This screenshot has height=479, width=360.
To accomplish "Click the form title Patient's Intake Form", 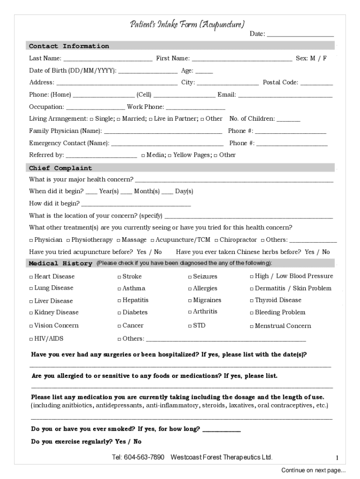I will point(187,24).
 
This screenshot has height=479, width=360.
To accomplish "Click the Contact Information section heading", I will point(69,46).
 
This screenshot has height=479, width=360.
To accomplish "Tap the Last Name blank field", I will point(108,59).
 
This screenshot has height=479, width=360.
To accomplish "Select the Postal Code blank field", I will point(317,83).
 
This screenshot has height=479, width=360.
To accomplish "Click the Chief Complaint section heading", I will point(61,168).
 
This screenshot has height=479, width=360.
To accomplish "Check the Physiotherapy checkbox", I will point(68,240).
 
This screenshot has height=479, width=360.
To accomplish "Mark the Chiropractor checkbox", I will point(216,240).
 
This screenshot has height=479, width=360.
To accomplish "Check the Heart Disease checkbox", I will point(31,277).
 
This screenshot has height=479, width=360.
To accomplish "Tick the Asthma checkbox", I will point(119,289).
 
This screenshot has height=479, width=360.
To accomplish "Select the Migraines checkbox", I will point(190,301).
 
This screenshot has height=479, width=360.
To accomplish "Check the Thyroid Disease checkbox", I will point(252,301).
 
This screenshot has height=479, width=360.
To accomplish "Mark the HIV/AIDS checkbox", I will point(31,339).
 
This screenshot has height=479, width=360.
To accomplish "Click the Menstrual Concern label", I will point(282,326).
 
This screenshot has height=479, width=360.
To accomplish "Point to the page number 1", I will point(337,457).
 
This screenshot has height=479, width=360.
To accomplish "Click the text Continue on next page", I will point(313,470).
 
